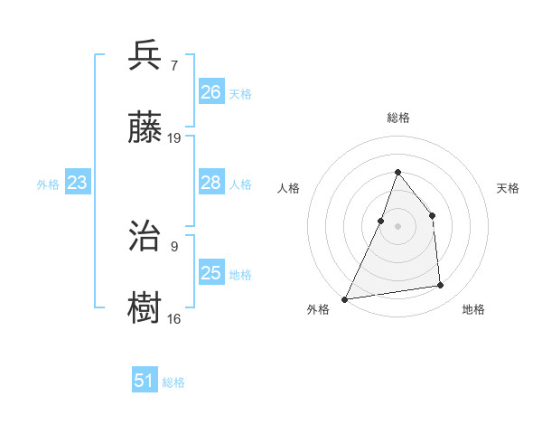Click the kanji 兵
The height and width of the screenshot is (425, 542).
coord(146,56)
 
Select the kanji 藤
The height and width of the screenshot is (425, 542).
coord(146,129)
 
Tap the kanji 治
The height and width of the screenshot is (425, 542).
coord(146,237)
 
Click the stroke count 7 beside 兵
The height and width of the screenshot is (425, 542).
coord(173,66)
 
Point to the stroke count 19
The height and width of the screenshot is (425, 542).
coord(174,138)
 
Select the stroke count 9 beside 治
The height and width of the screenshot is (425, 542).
coord(173,246)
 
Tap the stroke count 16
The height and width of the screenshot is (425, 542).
coord(174,318)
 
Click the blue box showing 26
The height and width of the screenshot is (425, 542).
coord(211,92)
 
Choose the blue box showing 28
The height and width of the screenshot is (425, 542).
coord(211,183)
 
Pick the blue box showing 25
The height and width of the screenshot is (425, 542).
coord(211,273)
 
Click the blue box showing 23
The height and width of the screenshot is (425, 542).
coord(78,183)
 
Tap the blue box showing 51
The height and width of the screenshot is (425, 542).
coord(145,381)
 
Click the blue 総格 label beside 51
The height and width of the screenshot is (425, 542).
coord(173,382)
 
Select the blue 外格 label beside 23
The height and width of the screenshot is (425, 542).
coord(48,184)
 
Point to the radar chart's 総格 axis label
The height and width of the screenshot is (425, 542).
coord(397,118)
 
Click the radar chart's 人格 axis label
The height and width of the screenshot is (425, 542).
coord(289,188)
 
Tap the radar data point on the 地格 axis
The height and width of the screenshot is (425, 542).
coord(441,286)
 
